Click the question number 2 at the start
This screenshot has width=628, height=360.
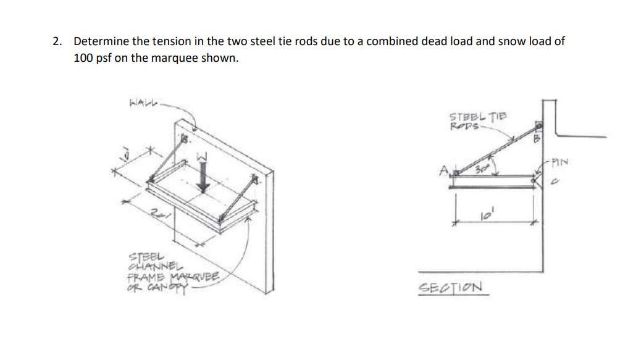[56, 42]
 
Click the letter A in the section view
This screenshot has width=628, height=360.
[442, 168]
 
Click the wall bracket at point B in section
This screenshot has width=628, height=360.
[538, 127]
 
